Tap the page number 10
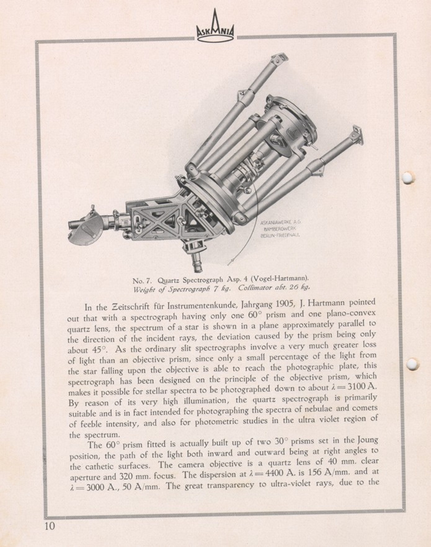coord(50,526)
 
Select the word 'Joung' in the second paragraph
coord(368,440)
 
